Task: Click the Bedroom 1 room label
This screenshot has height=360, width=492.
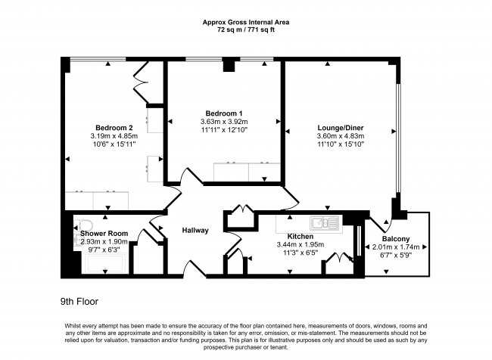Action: pos(224,113)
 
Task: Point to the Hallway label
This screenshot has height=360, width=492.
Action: pos(195,231)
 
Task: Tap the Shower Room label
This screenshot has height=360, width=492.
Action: pos(105,233)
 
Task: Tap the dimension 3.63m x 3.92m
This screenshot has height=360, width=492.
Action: pos(224,122)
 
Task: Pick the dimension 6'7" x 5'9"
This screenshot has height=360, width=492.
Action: pos(397,255)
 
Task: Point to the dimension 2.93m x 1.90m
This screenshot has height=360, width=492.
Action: pos(105,241)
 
